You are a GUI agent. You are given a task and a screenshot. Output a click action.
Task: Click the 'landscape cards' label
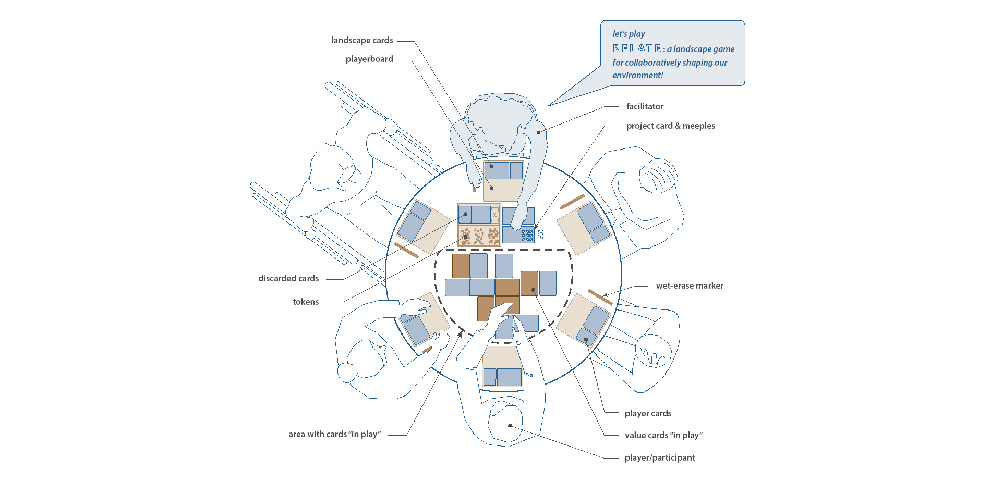click(362, 40)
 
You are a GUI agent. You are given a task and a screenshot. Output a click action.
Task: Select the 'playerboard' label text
click(369, 59)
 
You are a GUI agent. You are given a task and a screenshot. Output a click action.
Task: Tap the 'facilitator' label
click(645, 106)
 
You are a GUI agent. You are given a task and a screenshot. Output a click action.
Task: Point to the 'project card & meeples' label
click(670, 126)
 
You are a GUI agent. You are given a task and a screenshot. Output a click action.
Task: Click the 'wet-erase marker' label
click(689, 286)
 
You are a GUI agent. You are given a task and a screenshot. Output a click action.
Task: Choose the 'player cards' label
click(648, 413)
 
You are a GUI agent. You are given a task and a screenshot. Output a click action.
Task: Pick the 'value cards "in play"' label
click(663, 435)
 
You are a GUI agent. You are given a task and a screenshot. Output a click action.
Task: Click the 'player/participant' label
click(659, 457)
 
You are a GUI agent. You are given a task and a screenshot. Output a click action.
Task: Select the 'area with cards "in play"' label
click(334, 434)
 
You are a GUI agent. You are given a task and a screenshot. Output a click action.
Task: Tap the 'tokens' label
click(306, 302)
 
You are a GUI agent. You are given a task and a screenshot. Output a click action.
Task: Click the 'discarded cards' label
click(288, 278)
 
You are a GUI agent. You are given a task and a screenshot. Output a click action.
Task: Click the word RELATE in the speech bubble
click(637, 48)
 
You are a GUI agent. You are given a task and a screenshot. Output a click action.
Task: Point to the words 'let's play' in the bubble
click(629, 34)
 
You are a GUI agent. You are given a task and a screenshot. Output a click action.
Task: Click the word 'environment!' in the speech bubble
click(637, 75)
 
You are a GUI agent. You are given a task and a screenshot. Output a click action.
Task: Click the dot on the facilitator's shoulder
click(539, 132)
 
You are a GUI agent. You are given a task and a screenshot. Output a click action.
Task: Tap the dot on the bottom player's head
click(510, 426)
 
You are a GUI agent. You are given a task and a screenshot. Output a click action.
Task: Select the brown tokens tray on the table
click(479, 236)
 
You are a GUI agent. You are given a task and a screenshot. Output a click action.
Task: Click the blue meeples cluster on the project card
click(527, 236)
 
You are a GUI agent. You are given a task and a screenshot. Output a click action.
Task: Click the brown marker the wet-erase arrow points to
click(600, 297)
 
